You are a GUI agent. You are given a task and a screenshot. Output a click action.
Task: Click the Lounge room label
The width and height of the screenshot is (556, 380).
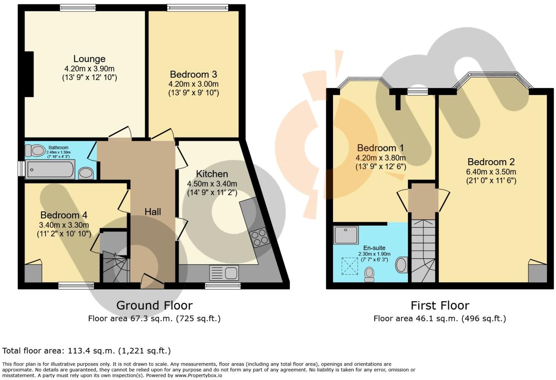89,59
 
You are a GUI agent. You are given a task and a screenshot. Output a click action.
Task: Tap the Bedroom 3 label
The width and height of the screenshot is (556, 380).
193,74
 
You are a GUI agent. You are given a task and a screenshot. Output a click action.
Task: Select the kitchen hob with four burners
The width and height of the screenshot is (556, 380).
259,237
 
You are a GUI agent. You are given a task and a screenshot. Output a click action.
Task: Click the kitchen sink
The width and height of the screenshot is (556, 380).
224,273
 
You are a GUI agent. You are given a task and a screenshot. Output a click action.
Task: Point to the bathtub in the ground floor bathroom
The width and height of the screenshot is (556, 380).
50,170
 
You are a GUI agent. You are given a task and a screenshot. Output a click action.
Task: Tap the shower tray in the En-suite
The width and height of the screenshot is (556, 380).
346,235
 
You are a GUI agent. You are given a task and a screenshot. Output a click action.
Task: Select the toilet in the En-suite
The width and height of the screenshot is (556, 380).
369,274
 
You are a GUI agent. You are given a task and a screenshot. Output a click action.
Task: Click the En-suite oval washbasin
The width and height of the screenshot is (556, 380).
401,265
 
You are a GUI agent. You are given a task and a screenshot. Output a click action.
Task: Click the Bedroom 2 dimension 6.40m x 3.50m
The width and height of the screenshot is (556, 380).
491,172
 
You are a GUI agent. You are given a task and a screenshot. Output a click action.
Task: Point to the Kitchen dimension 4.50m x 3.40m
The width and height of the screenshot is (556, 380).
212,184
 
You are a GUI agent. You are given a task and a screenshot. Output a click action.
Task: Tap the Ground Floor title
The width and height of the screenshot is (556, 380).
154,305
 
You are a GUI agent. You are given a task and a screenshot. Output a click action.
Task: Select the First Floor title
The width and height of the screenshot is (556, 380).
440,305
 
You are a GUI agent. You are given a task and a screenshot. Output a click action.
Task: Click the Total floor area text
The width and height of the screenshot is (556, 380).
86,351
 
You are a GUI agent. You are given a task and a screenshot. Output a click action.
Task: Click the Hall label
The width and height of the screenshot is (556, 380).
153,212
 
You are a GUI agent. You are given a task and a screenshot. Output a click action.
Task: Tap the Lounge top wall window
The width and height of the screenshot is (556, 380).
77,7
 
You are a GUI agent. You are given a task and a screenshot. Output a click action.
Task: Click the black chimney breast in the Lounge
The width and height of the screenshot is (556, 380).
29,74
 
